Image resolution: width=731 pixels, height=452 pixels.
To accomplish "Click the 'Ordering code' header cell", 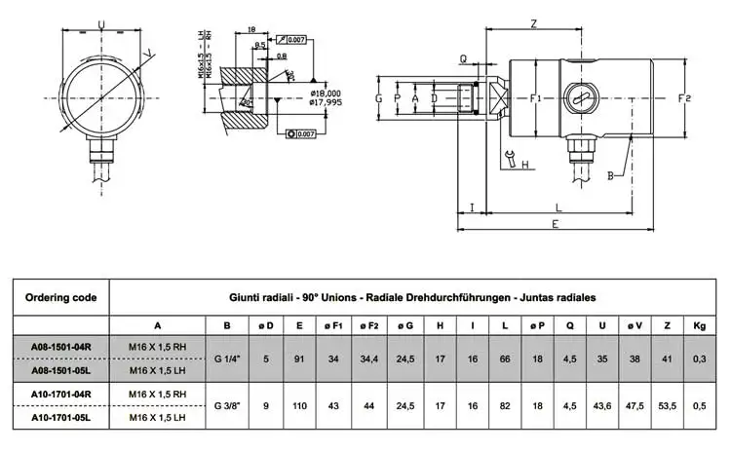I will coord(59,297).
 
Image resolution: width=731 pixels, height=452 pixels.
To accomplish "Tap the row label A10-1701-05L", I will coord(60,417).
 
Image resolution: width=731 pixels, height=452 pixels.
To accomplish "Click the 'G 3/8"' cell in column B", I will coord(227,404).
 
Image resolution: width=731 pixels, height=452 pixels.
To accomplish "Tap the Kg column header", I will coord(700,324).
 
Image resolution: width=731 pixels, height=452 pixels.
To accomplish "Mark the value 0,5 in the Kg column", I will coord(700,404).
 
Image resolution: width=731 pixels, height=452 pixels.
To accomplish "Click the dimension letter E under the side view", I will coord(554,224).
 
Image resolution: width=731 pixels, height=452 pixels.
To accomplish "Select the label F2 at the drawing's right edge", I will coord(684,99).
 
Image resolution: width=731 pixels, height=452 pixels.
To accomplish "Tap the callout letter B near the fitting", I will coord(610,175).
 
